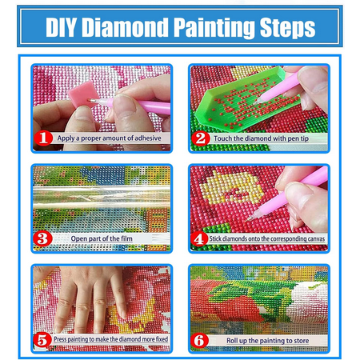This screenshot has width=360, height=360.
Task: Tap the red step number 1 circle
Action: tap(42, 138)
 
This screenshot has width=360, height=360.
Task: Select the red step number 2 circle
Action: tap(201, 138)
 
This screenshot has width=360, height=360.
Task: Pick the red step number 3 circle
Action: tap(42, 238)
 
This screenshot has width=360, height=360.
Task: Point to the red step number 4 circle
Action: tap(201, 238)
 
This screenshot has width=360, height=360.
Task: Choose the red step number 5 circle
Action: tap(42, 338)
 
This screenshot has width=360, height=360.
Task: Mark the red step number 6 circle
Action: tap(201, 338)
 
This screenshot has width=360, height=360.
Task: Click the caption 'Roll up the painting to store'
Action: tap(264, 339)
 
